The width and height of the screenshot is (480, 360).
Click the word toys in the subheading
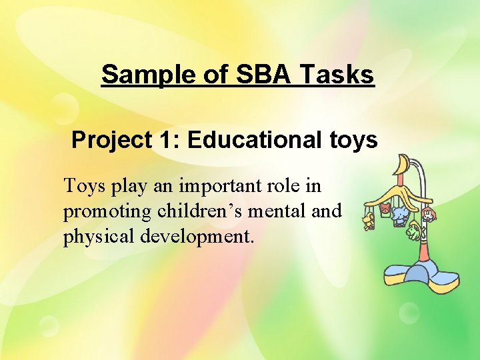coord(353,140)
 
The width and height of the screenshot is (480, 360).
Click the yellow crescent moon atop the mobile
coord(402,165)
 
